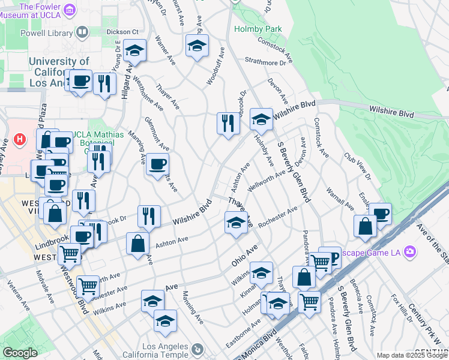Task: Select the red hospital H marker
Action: click(x=20, y=139)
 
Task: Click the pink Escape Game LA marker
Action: click(x=409, y=251)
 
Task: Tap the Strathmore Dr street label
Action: click(x=266, y=62)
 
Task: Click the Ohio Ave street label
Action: click(x=244, y=256)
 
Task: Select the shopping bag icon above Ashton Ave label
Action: click(x=137, y=243)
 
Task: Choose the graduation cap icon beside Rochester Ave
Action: click(x=235, y=222)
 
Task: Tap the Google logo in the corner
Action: click(x=20, y=353)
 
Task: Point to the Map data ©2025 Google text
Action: click(x=412, y=355)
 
